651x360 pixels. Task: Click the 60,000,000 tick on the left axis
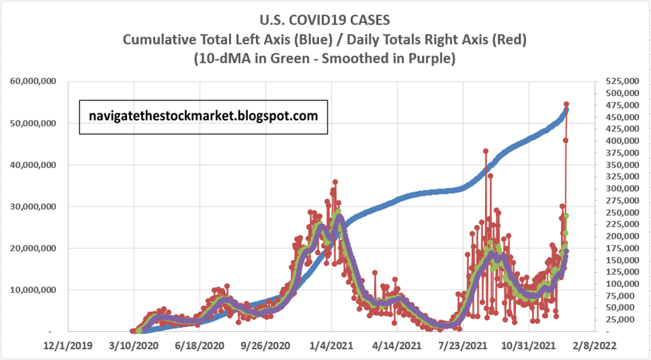tap(34, 82)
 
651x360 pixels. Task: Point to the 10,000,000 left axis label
tap(34, 290)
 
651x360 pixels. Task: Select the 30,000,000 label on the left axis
tap(34, 207)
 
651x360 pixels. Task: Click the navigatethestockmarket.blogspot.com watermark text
tap(203, 116)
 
